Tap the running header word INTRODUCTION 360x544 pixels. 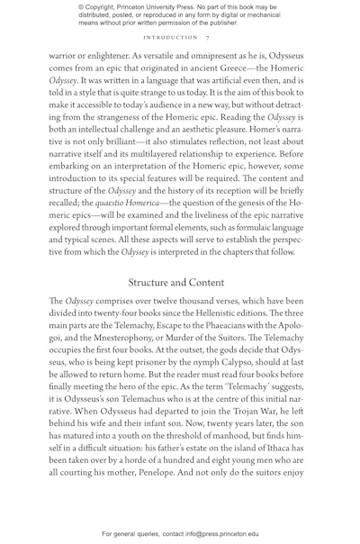pos(171,38)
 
